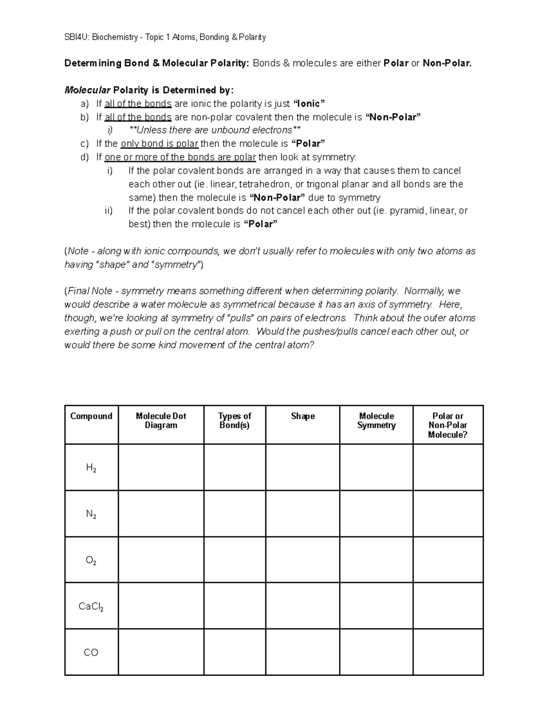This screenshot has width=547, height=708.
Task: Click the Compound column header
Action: click(x=91, y=416)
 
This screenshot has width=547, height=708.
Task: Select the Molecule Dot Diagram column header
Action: click(x=161, y=420)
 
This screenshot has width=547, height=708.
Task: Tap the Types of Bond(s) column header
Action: click(x=234, y=420)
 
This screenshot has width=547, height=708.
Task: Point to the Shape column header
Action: click(x=303, y=416)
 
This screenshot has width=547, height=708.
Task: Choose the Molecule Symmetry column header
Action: click(x=376, y=420)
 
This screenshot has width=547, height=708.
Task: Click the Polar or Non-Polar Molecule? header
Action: click(x=448, y=425)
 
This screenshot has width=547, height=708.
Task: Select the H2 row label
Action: click(x=91, y=468)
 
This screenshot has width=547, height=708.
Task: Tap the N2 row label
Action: click(x=91, y=514)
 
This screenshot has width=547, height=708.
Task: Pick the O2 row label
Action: click(x=91, y=560)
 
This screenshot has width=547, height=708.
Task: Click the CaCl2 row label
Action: click(x=91, y=606)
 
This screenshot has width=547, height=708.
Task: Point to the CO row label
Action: click(x=91, y=652)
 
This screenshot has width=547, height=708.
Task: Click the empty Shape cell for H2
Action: click(x=303, y=468)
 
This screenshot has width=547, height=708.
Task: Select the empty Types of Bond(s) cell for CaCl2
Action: click(x=234, y=606)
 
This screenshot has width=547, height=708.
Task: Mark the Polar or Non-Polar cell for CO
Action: click(x=448, y=652)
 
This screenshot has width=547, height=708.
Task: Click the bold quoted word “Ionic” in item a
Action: click(x=308, y=103)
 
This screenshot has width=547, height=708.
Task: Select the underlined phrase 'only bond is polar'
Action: click(x=159, y=144)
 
